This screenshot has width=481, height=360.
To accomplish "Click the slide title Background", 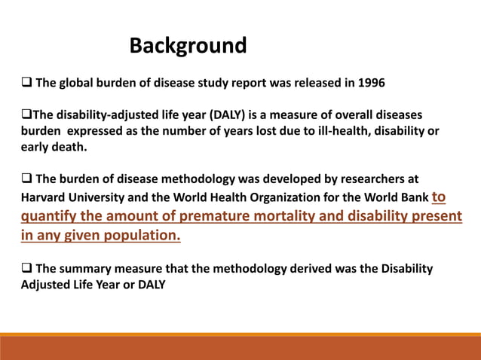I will pyautogui.click(x=188, y=46).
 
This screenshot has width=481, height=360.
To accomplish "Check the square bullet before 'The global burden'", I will pyautogui.click(x=26, y=82).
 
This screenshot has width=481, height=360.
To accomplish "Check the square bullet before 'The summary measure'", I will pyautogui.click(x=26, y=268).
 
